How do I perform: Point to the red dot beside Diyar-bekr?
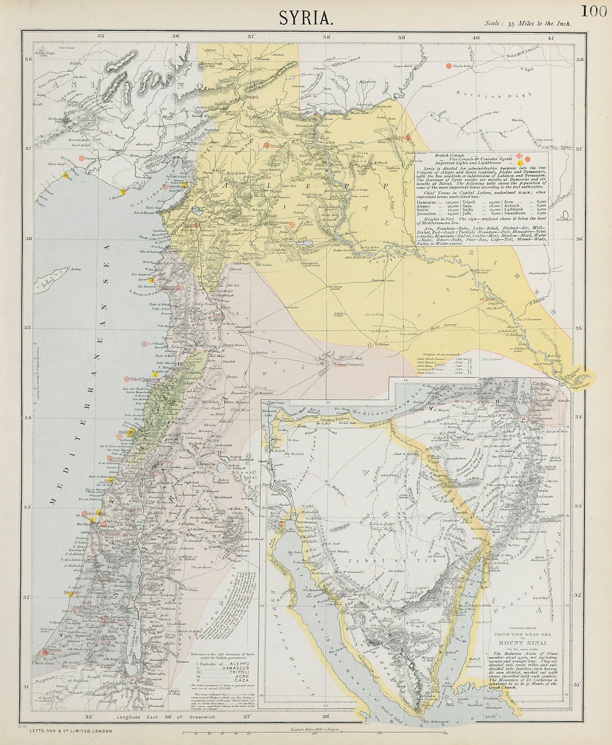click(x=449, y=66)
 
